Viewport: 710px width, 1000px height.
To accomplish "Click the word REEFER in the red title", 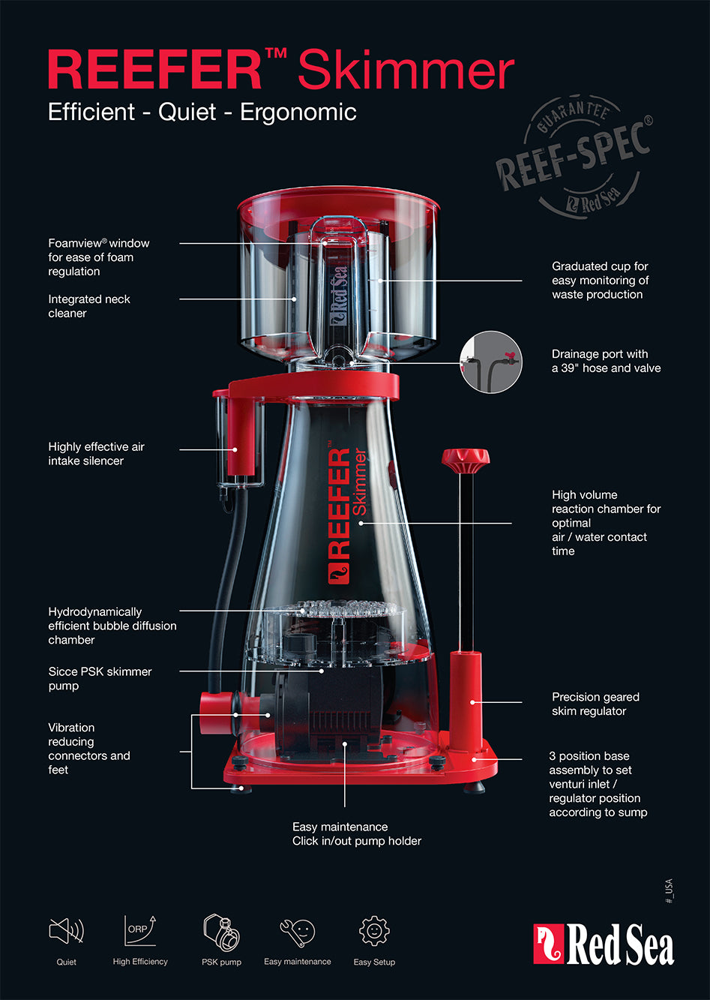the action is [155, 70].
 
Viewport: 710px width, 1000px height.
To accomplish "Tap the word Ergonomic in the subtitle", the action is [298, 113].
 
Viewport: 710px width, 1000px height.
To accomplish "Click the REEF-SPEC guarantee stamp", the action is [574, 156].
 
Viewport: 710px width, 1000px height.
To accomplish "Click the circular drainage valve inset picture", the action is [491, 362].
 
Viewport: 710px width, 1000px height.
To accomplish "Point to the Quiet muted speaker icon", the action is [66, 931].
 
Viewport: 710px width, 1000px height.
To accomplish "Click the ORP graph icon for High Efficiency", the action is [140, 931].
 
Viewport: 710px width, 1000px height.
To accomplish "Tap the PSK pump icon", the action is [222, 932].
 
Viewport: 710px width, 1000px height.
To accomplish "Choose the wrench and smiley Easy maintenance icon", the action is [297, 932].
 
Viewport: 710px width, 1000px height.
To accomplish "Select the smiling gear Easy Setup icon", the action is [374, 931].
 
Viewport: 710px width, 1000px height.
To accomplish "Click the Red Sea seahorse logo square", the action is [549, 944].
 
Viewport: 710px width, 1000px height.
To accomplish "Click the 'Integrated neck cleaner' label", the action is [89, 306].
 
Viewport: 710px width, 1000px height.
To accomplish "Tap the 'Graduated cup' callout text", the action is [600, 281].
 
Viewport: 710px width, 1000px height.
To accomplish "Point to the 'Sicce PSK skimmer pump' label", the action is [100, 679].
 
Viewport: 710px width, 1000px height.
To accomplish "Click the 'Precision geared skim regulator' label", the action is [595, 704].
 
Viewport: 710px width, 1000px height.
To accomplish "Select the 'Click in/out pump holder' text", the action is [357, 841].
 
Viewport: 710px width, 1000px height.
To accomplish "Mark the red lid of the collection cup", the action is [338, 199].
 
